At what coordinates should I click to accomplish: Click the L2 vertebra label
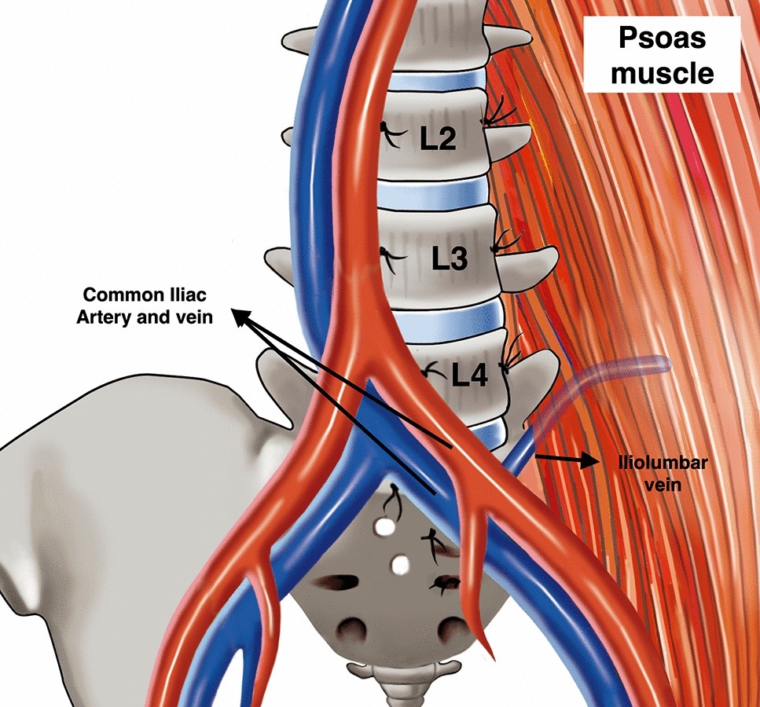(x=438, y=141)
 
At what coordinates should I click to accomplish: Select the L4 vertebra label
(x=470, y=375)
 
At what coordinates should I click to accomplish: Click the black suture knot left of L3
(x=386, y=255)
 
